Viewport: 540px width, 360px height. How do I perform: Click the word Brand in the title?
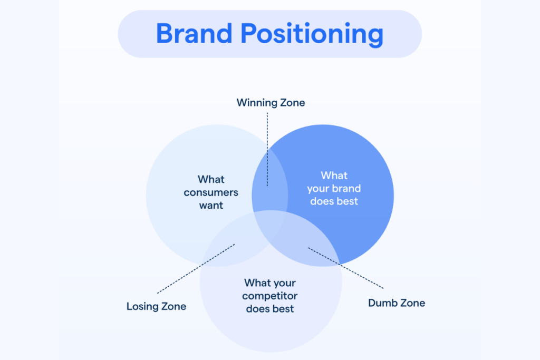[x=194, y=34]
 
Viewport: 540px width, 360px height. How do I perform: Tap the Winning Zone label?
[x=271, y=102]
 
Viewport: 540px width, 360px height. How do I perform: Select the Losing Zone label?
[x=156, y=306]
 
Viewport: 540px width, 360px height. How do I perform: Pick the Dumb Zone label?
[x=397, y=303]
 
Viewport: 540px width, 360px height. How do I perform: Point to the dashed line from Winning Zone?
[x=267, y=148]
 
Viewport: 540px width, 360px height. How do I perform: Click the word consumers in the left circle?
[x=211, y=192]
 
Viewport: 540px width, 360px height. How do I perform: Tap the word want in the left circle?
[x=211, y=206]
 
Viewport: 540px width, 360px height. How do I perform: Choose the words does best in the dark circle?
[x=334, y=201]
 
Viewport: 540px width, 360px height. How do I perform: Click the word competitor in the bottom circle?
[x=270, y=296]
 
